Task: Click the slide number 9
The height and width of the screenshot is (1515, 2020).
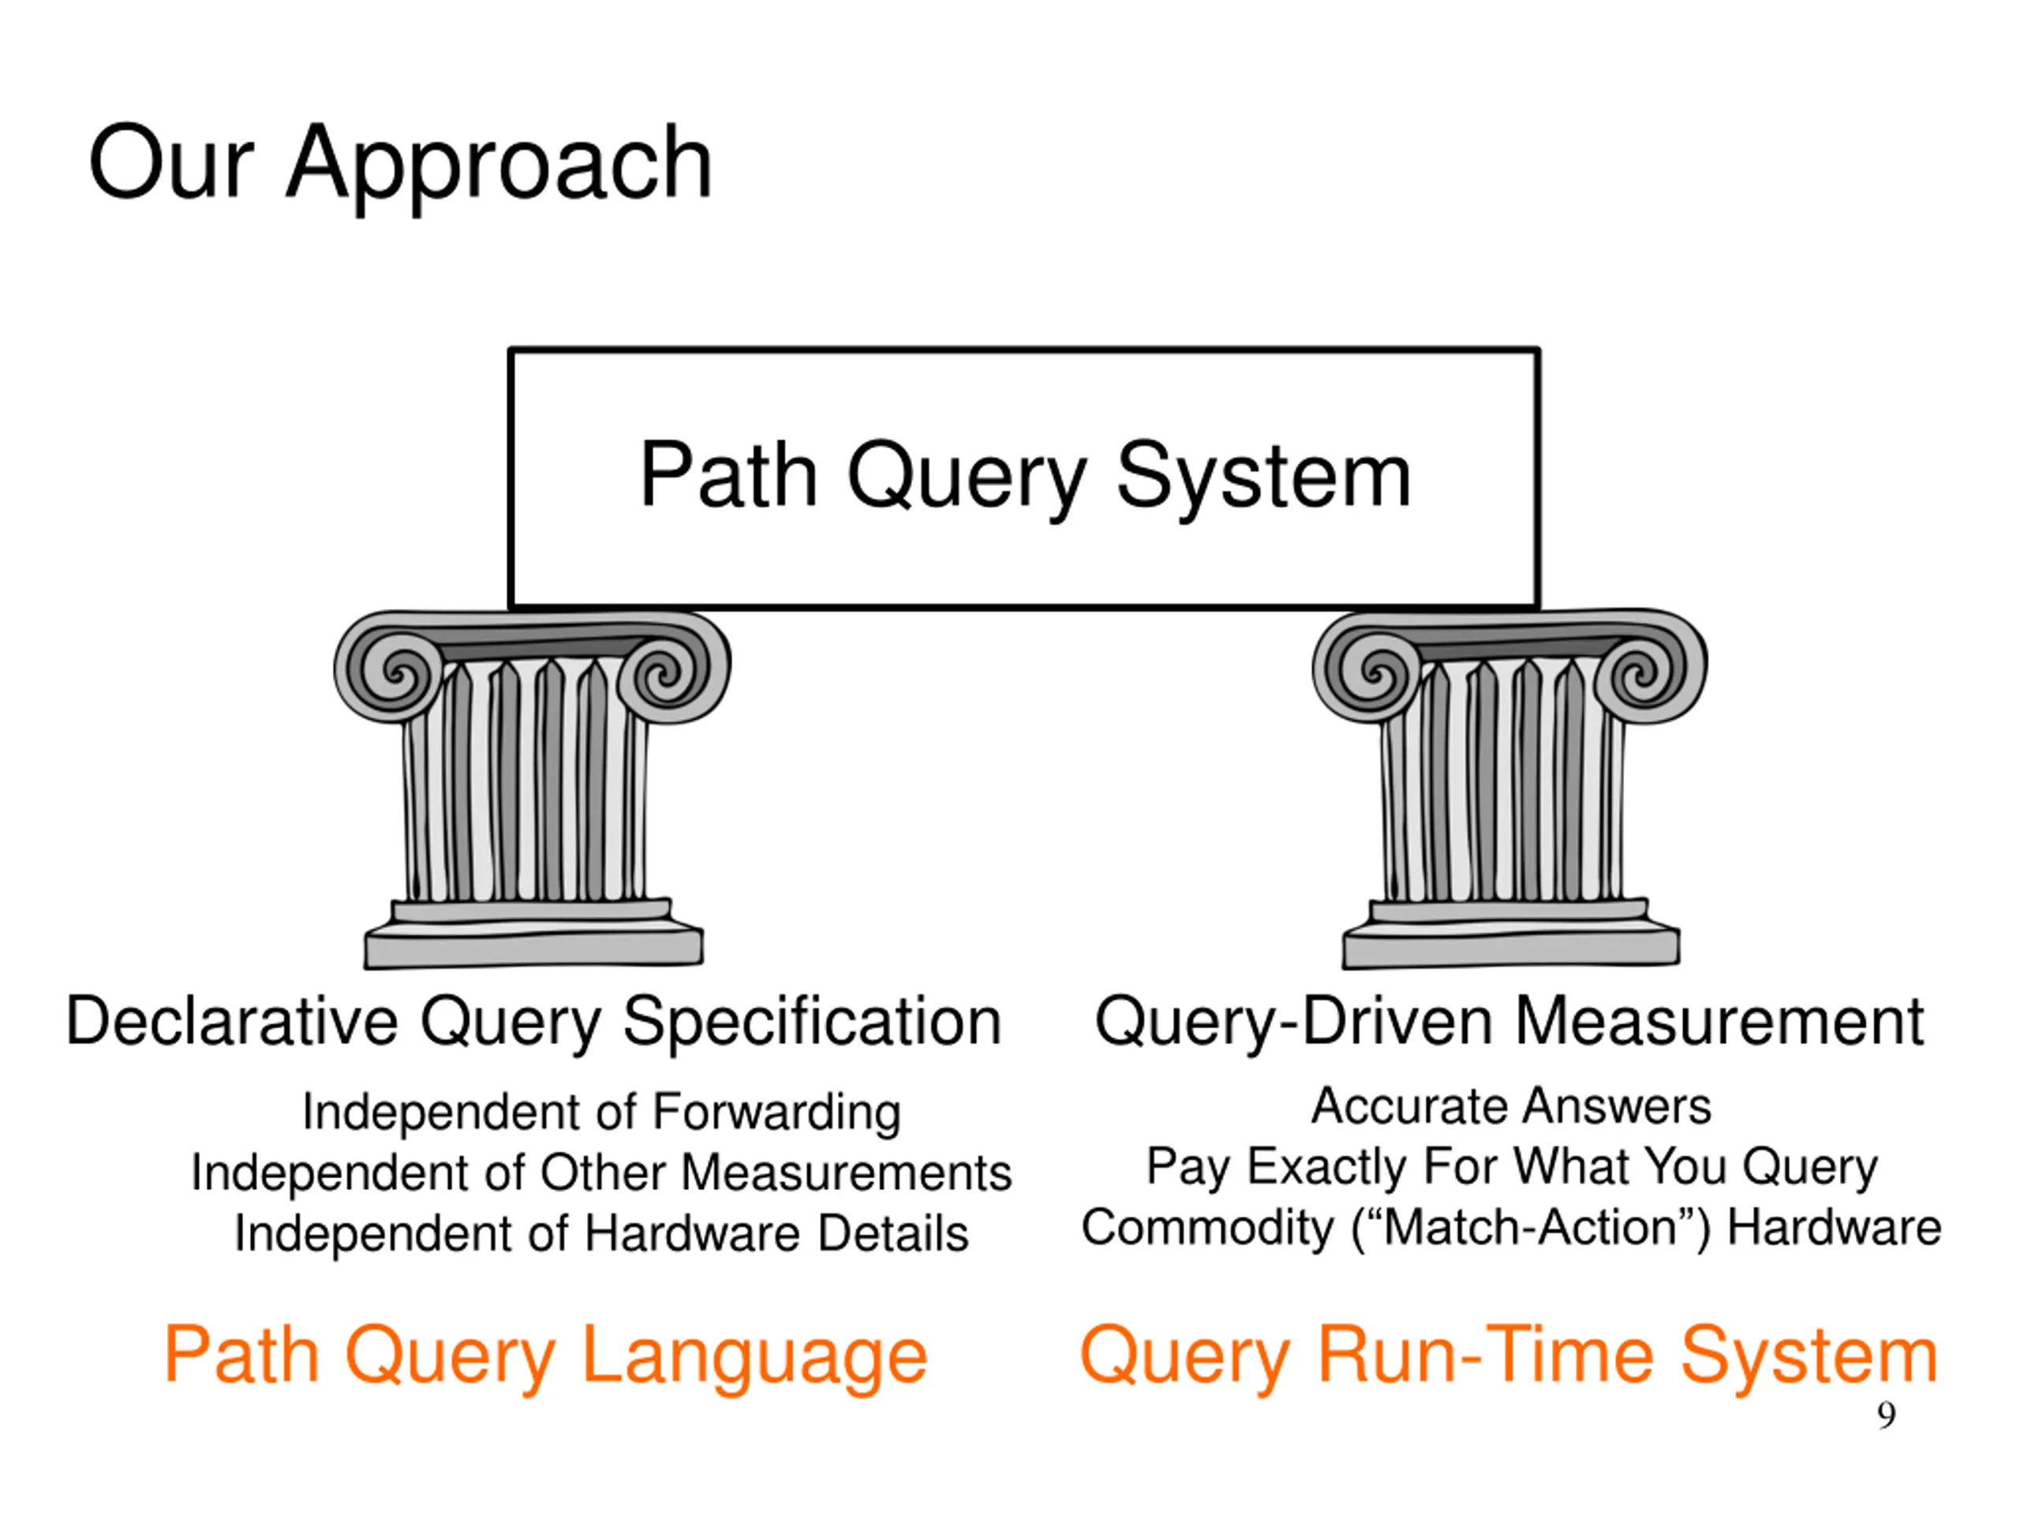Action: click(1887, 1415)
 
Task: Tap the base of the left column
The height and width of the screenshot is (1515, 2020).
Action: click(533, 933)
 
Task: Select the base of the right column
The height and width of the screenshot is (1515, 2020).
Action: click(1510, 933)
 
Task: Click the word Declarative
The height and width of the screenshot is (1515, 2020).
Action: click(232, 1021)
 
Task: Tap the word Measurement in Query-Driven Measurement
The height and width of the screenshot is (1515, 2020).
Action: click(1719, 1021)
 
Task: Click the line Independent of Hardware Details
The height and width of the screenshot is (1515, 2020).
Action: click(602, 1234)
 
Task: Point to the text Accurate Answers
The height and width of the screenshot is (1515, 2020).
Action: click(1511, 1108)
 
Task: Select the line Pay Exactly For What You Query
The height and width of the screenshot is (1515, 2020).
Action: click(1511, 1169)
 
